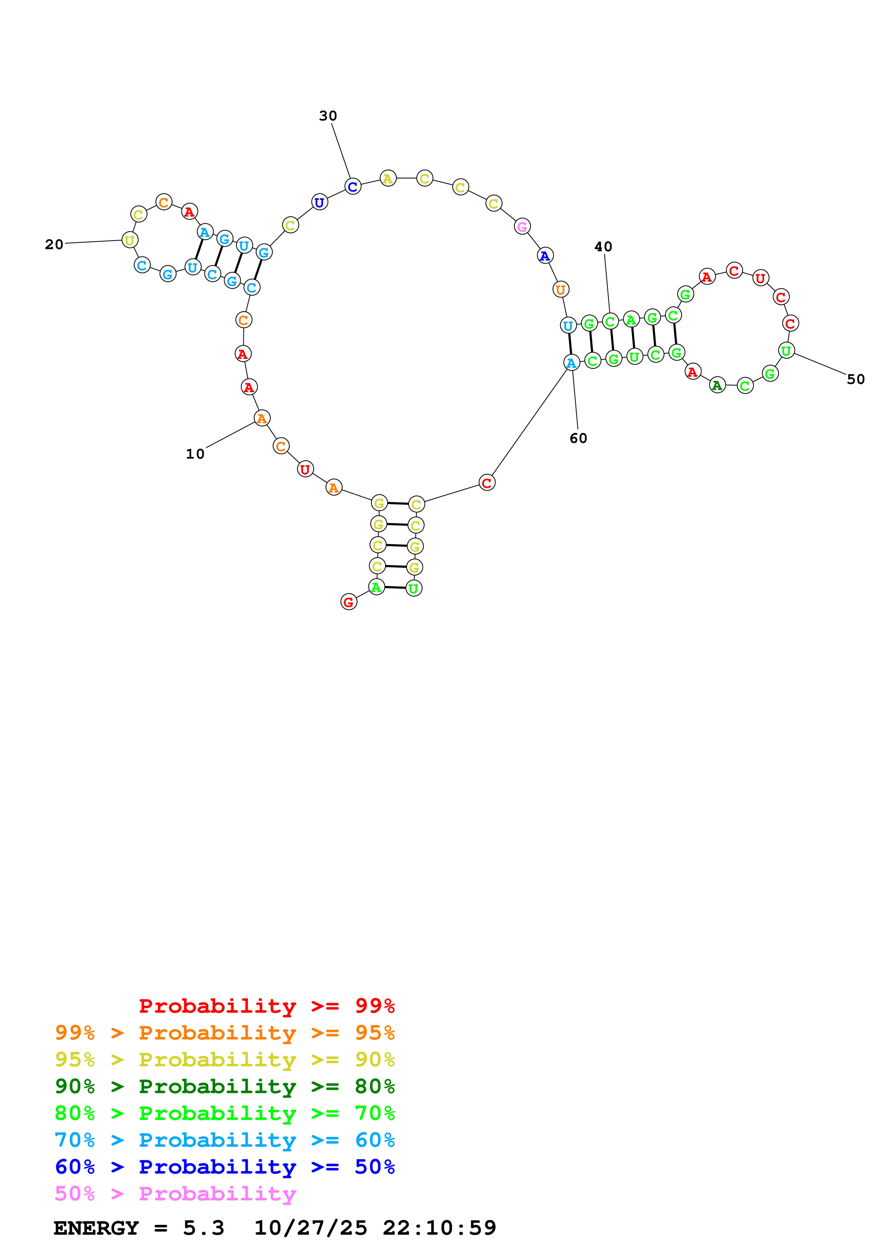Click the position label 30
tap(328, 116)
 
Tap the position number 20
tap(54, 244)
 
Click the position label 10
tap(195, 454)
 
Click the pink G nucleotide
tap(522, 227)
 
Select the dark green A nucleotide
tap(717, 386)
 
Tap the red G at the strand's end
tap(348, 602)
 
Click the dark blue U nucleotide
tap(320, 203)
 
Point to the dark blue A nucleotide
tap(545, 256)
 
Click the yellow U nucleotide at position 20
tap(129, 240)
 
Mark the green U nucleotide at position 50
tap(786, 351)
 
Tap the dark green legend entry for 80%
tap(224, 1086)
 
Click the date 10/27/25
tap(310, 1228)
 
